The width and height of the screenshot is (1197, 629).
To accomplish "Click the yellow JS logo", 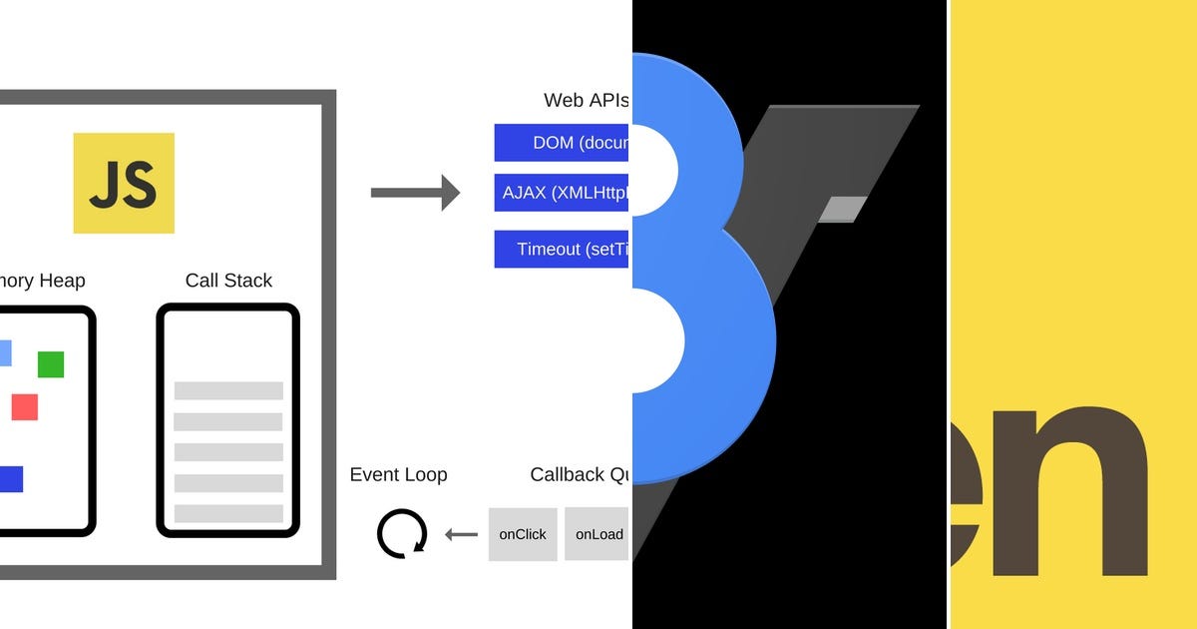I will click(x=124, y=183).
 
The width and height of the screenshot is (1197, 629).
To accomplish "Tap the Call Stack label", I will click(x=228, y=281).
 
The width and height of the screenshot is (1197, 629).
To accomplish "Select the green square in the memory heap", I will click(x=51, y=364).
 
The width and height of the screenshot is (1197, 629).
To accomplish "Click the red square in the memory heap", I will click(x=25, y=406).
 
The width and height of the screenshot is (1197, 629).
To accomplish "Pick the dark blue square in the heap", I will click(x=11, y=479).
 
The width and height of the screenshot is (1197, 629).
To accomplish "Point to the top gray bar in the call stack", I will click(x=228, y=390).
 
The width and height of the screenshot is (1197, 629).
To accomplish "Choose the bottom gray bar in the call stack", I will click(x=228, y=513).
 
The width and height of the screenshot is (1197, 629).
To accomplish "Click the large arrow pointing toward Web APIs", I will click(x=415, y=192).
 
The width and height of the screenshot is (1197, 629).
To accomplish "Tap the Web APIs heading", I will click(x=586, y=100).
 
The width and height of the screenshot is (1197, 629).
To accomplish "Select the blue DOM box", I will click(x=562, y=143).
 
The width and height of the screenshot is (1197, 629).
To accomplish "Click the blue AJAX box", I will click(x=562, y=193).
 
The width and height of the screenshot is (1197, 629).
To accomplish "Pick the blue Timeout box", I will click(x=562, y=249).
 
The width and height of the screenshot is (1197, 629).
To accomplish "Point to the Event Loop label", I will click(x=398, y=474).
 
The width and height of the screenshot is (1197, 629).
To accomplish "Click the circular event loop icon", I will click(x=402, y=533).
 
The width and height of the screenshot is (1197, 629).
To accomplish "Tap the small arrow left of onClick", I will click(x=461, y=534).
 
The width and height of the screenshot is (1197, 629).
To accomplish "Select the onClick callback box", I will click(x=523, y=534).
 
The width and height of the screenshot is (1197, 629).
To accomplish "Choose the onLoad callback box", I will click(x=598, y=534).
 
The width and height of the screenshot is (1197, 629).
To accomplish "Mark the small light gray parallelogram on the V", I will click(x=842, y=209).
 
